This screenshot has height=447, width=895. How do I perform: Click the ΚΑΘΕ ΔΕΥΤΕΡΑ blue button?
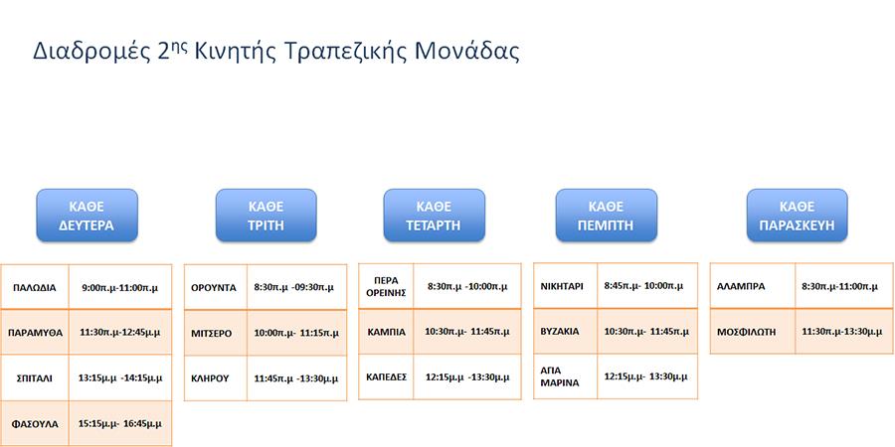(87, 215)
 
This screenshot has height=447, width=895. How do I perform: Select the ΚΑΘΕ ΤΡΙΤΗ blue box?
(266, 215)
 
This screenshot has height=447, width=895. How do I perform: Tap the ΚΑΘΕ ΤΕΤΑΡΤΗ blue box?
(434, 215)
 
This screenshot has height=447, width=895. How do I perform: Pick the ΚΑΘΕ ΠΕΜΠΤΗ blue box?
(607, 215)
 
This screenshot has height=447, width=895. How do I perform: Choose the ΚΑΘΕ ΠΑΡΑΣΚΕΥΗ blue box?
(798, 215)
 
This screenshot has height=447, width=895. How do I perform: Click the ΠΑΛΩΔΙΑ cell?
(35, 287)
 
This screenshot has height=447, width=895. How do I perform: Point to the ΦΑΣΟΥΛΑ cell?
(35, 424)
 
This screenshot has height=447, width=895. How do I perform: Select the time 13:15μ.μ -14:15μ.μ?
(120, 377)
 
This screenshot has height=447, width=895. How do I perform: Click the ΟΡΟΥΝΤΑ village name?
(214, 287)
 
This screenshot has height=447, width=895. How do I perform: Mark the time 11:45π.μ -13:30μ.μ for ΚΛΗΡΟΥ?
(296, 378)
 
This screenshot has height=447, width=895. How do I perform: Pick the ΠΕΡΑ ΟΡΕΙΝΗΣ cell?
(387, 287)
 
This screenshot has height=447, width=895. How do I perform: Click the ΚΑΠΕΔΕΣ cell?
(387, 376)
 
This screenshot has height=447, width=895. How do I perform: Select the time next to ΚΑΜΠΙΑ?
(467, 331)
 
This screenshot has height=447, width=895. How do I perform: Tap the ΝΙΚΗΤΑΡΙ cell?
(562, 286)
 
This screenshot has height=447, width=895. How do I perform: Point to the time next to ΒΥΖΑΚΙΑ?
(646, 331)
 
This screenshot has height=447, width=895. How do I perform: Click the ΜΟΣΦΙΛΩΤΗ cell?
(747, 331)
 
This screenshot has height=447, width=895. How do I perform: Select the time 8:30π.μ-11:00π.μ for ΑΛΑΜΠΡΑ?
(840, 286)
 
